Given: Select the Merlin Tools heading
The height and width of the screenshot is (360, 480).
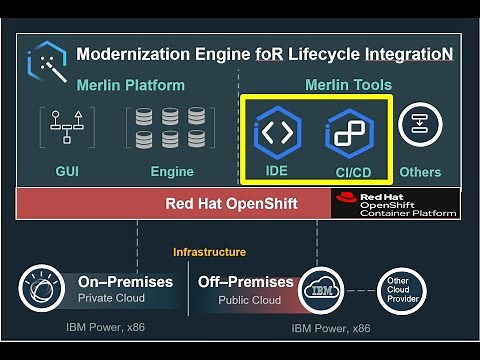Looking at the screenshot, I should (x=348, y=85).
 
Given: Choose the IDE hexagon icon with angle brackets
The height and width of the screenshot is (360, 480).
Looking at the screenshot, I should (x=277, y=131).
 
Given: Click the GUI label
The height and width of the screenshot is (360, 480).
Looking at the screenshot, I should (x=67, y=172).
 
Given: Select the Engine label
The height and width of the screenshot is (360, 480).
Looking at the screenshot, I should (x=172, y=172).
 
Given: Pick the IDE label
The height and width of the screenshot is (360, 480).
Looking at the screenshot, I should (x=277, y=171).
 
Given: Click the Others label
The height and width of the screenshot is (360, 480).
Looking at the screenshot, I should (x=420, y=172).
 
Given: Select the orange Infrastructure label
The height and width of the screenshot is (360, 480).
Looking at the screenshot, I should (x=209, y=252).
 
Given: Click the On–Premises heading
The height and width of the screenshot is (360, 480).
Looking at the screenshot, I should (x=125, y=282).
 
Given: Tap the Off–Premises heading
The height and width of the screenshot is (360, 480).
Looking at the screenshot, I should (x=246, y=282).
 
